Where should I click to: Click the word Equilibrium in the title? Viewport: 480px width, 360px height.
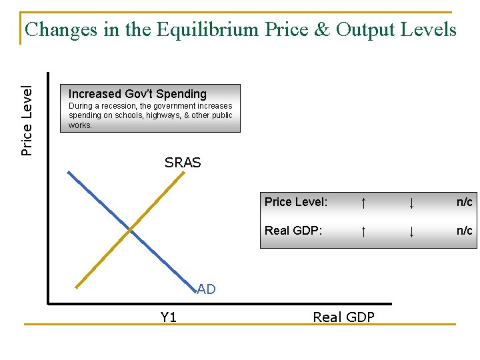coord(206,30)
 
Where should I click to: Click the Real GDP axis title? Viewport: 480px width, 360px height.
coord(343,317)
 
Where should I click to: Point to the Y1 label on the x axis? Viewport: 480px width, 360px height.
coord(169,317)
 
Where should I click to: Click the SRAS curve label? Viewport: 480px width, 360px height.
coord(183,163)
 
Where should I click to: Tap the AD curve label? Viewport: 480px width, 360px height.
coord(206,289)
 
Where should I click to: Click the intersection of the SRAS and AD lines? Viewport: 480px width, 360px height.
coord(130,231)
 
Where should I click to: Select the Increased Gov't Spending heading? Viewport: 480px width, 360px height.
coord(137,94)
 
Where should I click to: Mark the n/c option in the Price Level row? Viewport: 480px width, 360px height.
coord(464,202)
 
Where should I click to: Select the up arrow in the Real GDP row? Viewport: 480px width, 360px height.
coord(363,231)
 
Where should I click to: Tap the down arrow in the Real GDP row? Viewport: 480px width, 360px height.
coord(412,231)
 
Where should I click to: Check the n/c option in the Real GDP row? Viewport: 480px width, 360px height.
coord(464,231)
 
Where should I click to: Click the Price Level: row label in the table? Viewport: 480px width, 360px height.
coord(295,202)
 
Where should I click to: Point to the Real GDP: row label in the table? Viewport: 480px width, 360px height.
coord(293,231)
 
